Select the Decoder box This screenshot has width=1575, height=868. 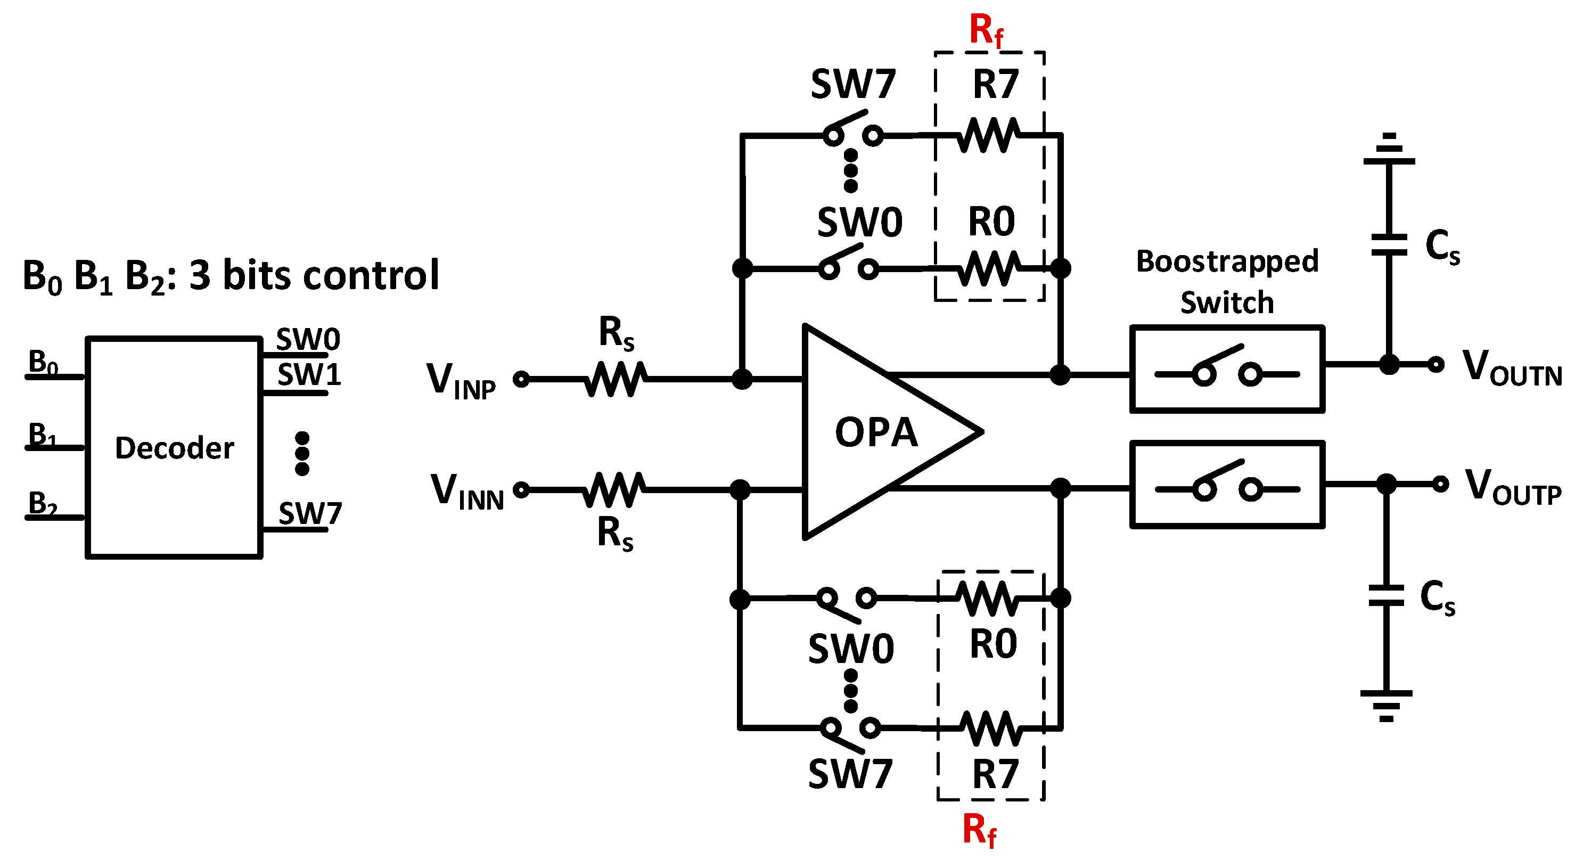point(174,447)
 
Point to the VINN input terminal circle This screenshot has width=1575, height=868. point(521,490)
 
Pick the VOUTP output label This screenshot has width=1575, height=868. point(1513,487)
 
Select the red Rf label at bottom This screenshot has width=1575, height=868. point(979,831)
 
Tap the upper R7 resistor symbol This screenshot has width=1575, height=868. point(989,135)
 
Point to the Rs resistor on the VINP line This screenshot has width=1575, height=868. point(614,379)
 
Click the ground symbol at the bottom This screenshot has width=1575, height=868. point(1386,705)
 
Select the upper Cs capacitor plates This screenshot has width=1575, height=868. point(1389,244)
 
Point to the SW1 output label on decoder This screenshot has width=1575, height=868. point(309,374)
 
